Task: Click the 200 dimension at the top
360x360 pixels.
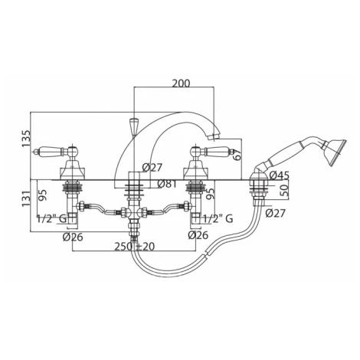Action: coord(181,83)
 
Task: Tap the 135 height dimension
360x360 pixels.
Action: coord(26,139)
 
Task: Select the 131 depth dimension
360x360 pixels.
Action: coord(26,198)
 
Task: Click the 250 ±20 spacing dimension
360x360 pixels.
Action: coord(134,247)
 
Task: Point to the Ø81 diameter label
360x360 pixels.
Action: coord(167,184)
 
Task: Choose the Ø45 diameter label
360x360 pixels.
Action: coord(280,175)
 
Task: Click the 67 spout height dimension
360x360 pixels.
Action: coord(237,154)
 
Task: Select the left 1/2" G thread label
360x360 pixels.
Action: coord(52,218)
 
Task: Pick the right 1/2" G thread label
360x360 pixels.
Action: coord(218,218)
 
